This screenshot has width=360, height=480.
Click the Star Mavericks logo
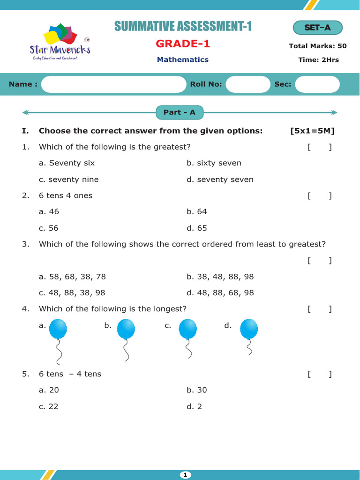click(x=60, y=41)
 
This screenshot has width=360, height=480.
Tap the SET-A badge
click(x=317, y=28)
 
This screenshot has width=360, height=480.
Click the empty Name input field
click(x=113, y=84)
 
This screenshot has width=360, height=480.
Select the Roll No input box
click(x=247, y=84)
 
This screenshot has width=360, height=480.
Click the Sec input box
click(x=317, y=84)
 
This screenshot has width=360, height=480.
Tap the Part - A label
click(x=180, y=112)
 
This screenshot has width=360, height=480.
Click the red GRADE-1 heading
click(x=183, y=44)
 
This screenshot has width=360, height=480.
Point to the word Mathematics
click(x=183, y=60)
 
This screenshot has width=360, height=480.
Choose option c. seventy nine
click(x=69, y=180)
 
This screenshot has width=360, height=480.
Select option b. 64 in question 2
click(x=197, y=212)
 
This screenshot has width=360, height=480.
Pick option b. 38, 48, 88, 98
click(x=220, y=277)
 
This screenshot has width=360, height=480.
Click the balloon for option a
click(x=58, y=330)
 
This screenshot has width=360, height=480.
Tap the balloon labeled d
click(x=248, y=330)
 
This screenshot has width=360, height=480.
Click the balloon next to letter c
click(x=187, y=330)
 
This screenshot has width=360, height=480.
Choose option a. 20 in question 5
click(x=49, y=390)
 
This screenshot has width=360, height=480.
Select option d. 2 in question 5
click(x=195, y=406)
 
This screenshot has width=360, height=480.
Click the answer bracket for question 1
click(x=320, y=147)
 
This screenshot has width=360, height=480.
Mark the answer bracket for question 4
click(x=320, y=309)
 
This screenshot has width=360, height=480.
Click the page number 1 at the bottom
click(x=185, y=475)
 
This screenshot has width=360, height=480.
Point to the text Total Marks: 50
click(x=318, y=46)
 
